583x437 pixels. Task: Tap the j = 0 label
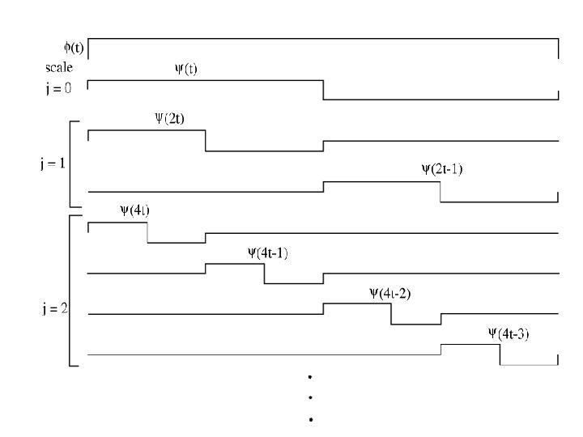pos(58,88)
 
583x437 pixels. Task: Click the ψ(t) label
pos(186,69)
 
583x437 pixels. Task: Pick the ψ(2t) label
pos(169,117)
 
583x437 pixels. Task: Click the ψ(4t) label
pos(134,210)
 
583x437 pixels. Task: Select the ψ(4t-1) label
pos(268,252)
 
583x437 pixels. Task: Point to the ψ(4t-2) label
pos(390,294)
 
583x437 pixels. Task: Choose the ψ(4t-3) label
pos(509,333)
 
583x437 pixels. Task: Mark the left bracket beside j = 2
pos(72,291)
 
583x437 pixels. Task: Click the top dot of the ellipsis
pos(311,377)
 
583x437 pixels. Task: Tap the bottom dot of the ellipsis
pos(311,419)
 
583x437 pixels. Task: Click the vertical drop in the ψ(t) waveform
pos(323,90)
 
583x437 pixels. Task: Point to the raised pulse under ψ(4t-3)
pos(470,345)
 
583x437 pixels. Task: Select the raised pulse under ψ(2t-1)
pos(381,182)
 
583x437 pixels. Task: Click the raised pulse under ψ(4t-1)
pos(235,264)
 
